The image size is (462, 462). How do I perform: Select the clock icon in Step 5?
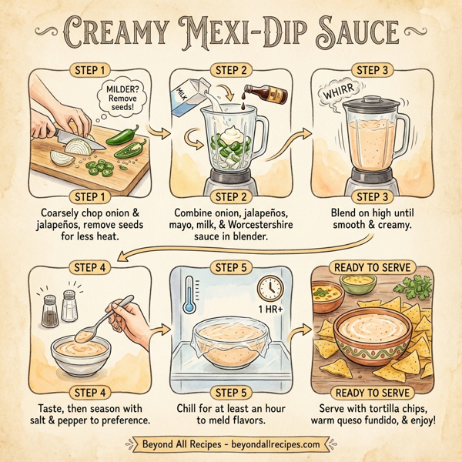pyautogui.click(x=270, y=289)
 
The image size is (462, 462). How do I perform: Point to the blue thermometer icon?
pyautogui.click(x=188, y=296)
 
